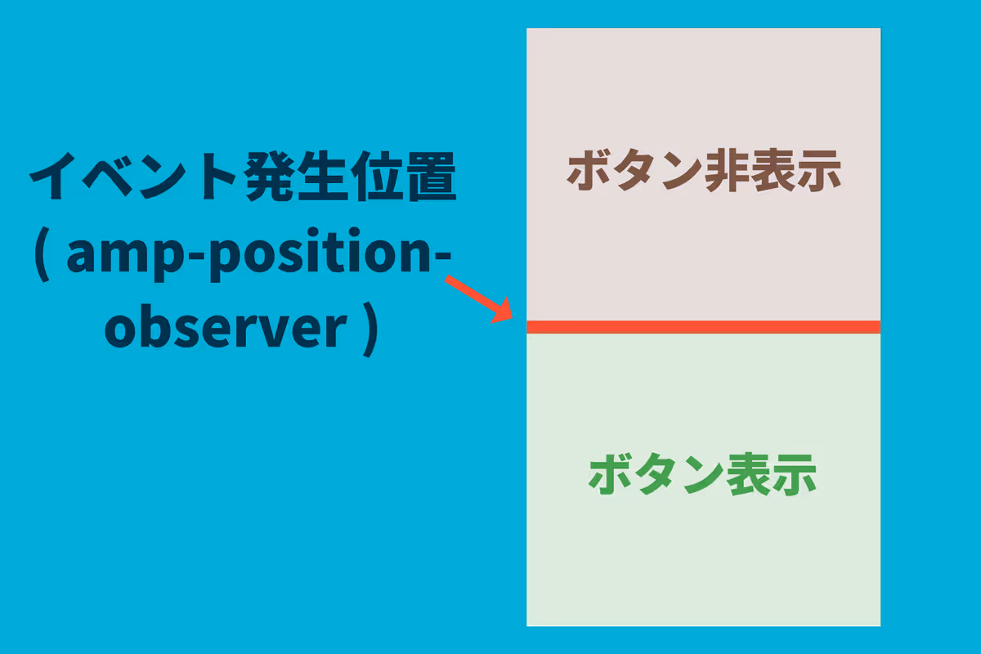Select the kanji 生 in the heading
(323, 176)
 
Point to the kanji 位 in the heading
(378, 176)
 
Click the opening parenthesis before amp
(42, 254)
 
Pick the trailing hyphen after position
(442, 258)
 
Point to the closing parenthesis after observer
(370, 329)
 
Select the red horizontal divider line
(703, 327)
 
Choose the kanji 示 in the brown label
(818, 171)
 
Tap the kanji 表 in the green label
(749, 474)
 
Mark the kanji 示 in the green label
(795, 475)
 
